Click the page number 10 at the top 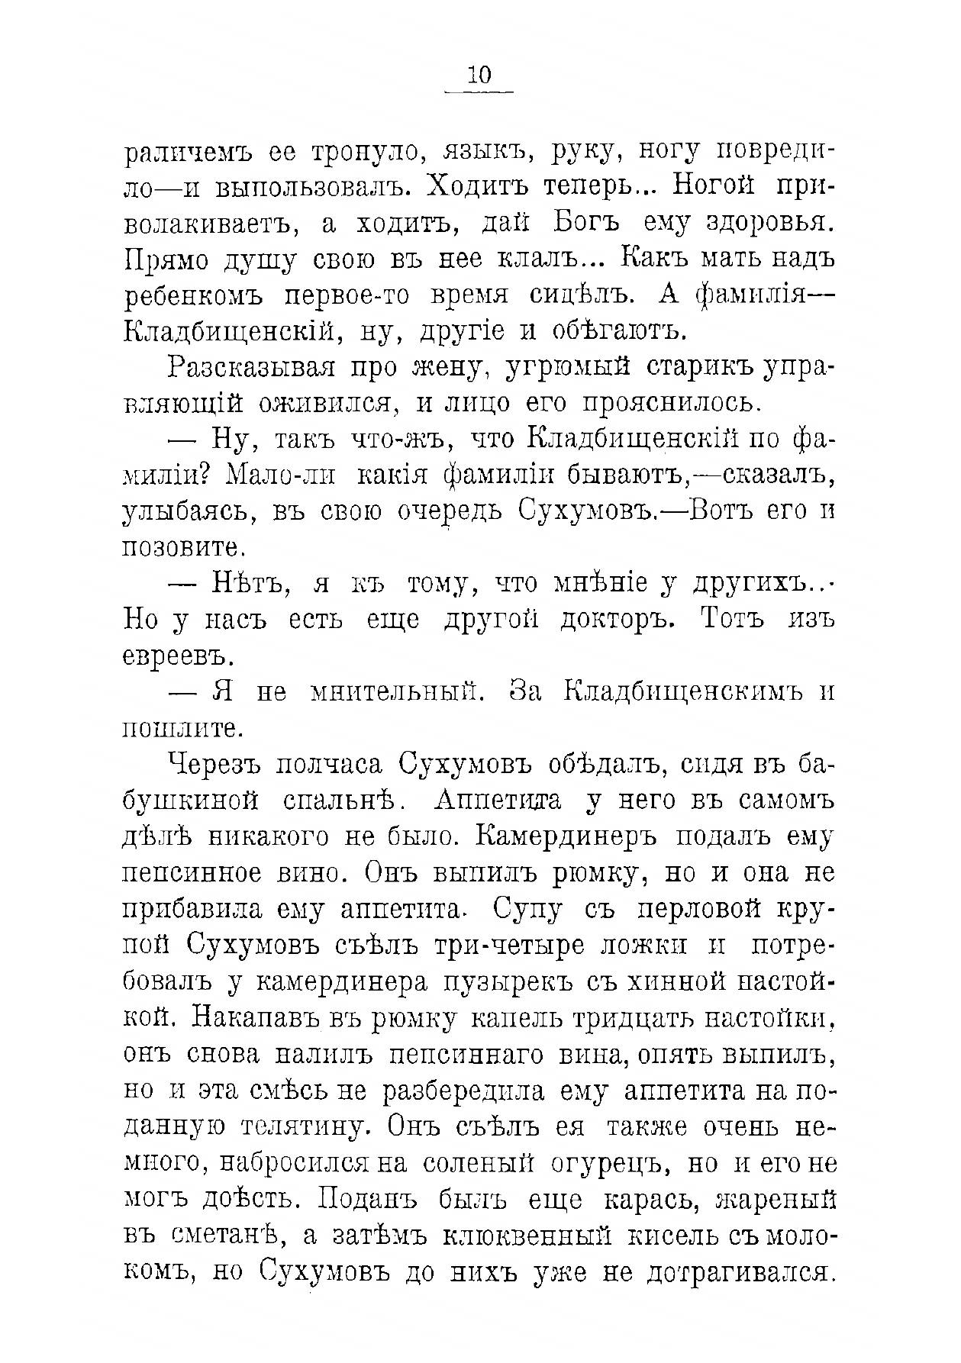point(479,75)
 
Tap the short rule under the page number point(479,92)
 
